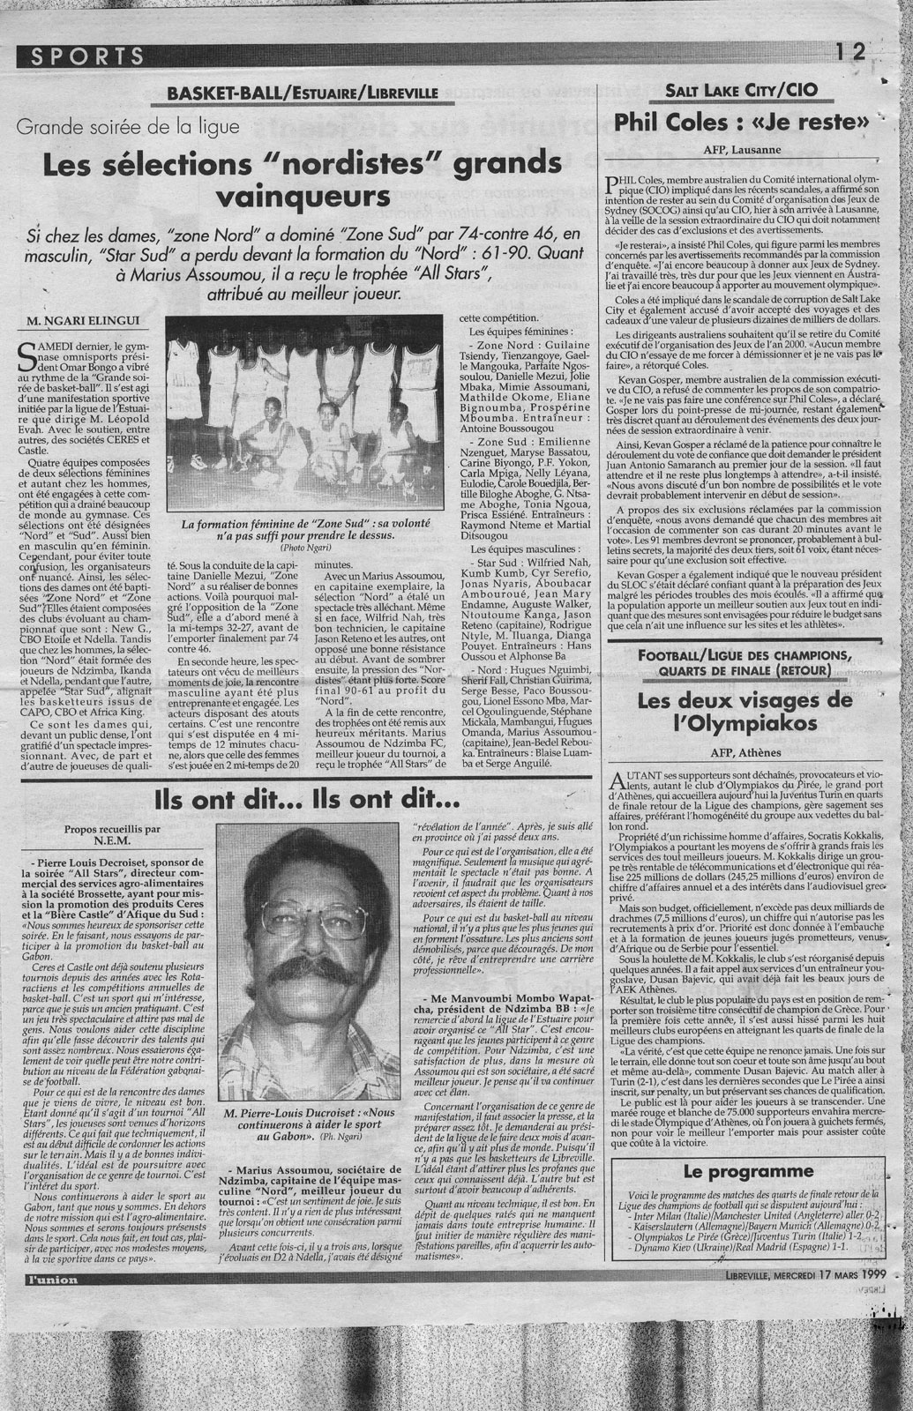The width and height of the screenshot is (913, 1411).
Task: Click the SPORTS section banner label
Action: coord(87,56)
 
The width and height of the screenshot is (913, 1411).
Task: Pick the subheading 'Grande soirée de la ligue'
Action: coord(127,127)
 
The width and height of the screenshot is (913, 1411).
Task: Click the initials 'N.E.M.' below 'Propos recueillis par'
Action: coord(113,841)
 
